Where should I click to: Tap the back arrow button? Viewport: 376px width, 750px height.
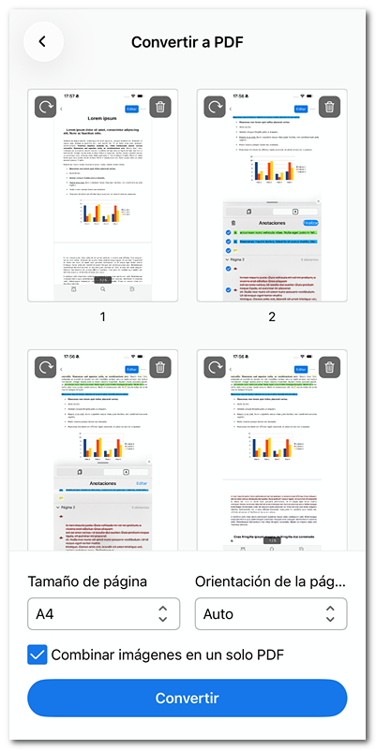click(42, 42)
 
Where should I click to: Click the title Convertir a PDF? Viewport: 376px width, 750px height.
click(188, 42)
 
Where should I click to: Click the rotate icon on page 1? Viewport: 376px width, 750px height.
click(46, 107)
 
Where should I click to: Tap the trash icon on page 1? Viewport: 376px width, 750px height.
click(160, 107)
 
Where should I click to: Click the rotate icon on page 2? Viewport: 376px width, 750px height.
click(215, 107)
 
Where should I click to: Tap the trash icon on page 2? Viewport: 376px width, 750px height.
click(329, 107)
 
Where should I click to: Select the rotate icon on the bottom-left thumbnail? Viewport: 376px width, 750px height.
click(46, 368)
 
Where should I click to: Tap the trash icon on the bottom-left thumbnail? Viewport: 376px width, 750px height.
click(160, 368)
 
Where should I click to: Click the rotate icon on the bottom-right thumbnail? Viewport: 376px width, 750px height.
click(215, 368)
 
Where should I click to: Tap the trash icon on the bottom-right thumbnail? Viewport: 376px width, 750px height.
click(329, 368)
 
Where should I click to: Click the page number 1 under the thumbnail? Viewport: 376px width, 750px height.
click(103, 316)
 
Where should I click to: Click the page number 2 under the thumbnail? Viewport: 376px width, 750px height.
click(272, 316)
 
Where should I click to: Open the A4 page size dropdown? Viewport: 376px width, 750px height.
click(102, 614)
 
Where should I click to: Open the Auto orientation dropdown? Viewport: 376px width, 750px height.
click(271, 614)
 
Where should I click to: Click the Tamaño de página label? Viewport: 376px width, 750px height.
click(87, 581)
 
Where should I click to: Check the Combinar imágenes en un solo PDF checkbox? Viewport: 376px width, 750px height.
click(38, 654)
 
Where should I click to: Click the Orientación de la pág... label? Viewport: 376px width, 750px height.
click(270, 581)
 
